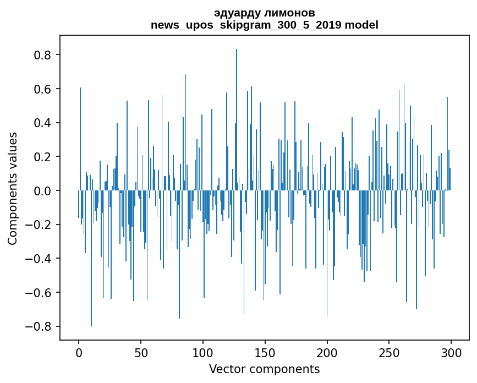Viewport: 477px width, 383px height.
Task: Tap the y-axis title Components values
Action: click(13, 188)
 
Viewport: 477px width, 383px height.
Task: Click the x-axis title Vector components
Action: click(264, 369)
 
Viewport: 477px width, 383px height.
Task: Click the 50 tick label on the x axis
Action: click(141, 352)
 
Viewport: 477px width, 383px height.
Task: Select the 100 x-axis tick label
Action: click(203, 352)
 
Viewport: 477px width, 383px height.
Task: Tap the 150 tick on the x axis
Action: click(265, 352)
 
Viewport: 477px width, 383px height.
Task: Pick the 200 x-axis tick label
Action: click(327, 352)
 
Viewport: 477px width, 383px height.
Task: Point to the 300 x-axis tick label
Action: click(451, 352)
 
